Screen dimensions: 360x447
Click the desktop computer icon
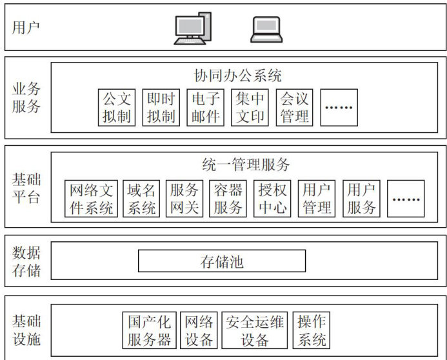coord(192,28)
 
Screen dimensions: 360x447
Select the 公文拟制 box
coord(117,107)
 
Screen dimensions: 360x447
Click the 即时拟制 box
coord(161,107)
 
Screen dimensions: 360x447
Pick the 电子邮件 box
coord(205,107)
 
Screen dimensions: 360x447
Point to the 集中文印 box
coord(250,107)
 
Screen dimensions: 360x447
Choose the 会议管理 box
coord(294,107)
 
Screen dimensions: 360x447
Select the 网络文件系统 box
coord(92,199)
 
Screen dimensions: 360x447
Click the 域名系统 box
coord(142,199)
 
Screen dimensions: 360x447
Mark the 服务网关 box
coord(185,199)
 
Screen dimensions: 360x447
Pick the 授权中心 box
coord(272,199)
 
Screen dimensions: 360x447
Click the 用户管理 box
coord(316,199)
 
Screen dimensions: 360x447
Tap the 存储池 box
coord(222,261)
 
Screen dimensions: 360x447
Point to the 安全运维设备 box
coord(255,330)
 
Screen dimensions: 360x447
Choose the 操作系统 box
coord(312,330)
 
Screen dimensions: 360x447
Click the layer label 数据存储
coord(26,261)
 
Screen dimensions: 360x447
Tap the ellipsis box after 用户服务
coord(406,199)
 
